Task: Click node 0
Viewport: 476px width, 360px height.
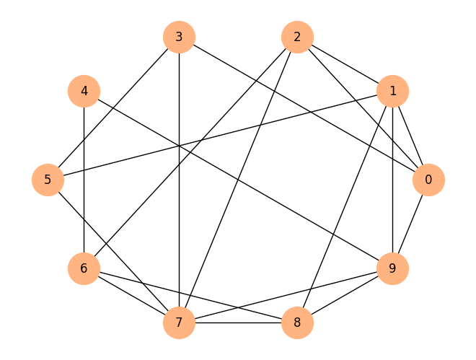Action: [x=428, y=180]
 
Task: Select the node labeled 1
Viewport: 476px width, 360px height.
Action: [x=392, y=91]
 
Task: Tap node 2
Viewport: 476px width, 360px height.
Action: [x=297, y=37]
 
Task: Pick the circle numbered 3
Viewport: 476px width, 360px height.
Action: [x=179, y=37]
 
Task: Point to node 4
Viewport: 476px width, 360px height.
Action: [x=84, y=91]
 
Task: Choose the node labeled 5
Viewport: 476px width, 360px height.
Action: [x=48, y=180]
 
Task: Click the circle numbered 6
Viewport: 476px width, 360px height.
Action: [x=84, y=268]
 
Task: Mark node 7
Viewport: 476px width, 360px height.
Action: [x=179, y=322]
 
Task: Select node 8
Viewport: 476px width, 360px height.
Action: [x=297, y=322]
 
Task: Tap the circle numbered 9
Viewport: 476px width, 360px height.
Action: [x=392, y=268]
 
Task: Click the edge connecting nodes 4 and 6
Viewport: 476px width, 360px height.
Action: [x=84, y=180]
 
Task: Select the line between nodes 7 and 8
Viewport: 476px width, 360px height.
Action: [x=238, y=322]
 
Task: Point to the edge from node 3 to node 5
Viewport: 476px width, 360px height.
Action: [x=113, y=108]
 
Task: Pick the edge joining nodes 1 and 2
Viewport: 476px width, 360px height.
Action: [x=345, y=64]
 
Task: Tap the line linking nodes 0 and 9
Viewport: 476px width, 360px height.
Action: [x=410, y=224]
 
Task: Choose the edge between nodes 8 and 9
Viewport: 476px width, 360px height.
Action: [x=345, y=295]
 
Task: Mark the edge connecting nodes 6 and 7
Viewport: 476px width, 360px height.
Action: [x=131, y=295]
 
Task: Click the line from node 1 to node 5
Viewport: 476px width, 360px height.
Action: [x=220, y=136]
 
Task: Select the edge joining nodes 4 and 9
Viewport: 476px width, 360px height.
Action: [x=238, y=180]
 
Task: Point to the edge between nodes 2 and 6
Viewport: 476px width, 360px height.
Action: [x=190, y=153]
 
